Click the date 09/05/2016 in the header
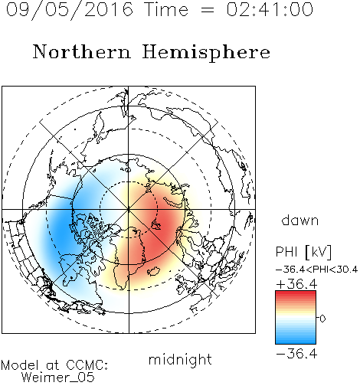coord(70,10)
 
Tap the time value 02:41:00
coord(270,9)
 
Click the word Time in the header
coord(166,9)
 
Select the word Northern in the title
coord(82,52)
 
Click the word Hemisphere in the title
coord(206,53)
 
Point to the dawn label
coord(300,220)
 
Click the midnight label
coord(180,359)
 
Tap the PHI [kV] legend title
coord(303,252)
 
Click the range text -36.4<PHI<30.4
coord(317,270)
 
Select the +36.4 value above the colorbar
coord(296,284)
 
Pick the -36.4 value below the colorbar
coord(296,354)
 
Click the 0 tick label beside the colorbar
coord(322,319)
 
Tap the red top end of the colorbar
coord(296,293)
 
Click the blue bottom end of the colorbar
coord(296,342)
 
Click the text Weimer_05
coord(57,378)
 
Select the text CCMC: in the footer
coord(87,365)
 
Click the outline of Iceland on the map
coord(154,271)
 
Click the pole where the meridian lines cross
coord(129,209)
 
